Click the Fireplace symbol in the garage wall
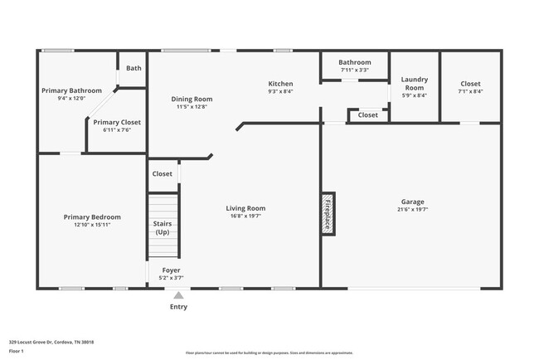coord(328,214)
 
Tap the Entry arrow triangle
coord(178,294)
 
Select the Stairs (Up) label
coord(163,227)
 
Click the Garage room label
coord(412,202)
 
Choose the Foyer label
coord(170,270)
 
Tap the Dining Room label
coord(192,99)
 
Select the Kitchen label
coord(280,83)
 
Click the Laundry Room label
coord(414,84)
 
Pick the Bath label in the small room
coord(134,68)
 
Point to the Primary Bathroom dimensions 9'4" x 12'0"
coord(74,98)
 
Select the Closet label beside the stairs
coord(162,174)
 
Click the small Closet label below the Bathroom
coord(367,115)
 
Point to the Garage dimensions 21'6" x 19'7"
coord(412,209)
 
